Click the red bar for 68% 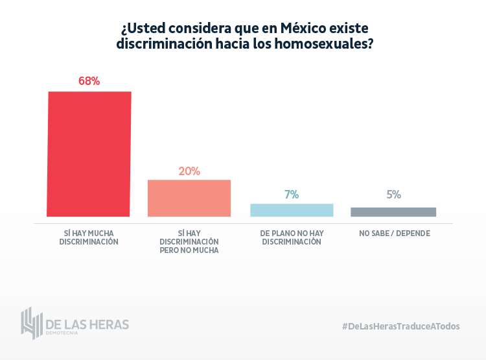pos(89,154)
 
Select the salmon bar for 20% pos(189,198)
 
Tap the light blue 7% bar pos(292,210)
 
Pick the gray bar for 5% pos(393,212)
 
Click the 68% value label pos(89,82)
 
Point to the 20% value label pos(189,171)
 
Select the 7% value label pos(292,195)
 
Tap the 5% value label pos(393,195)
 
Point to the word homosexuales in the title pos(318,44)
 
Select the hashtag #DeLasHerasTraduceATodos pos(400,326)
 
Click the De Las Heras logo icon pos(30,322)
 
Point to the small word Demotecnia pos(62,333)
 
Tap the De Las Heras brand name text pos(87,323)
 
